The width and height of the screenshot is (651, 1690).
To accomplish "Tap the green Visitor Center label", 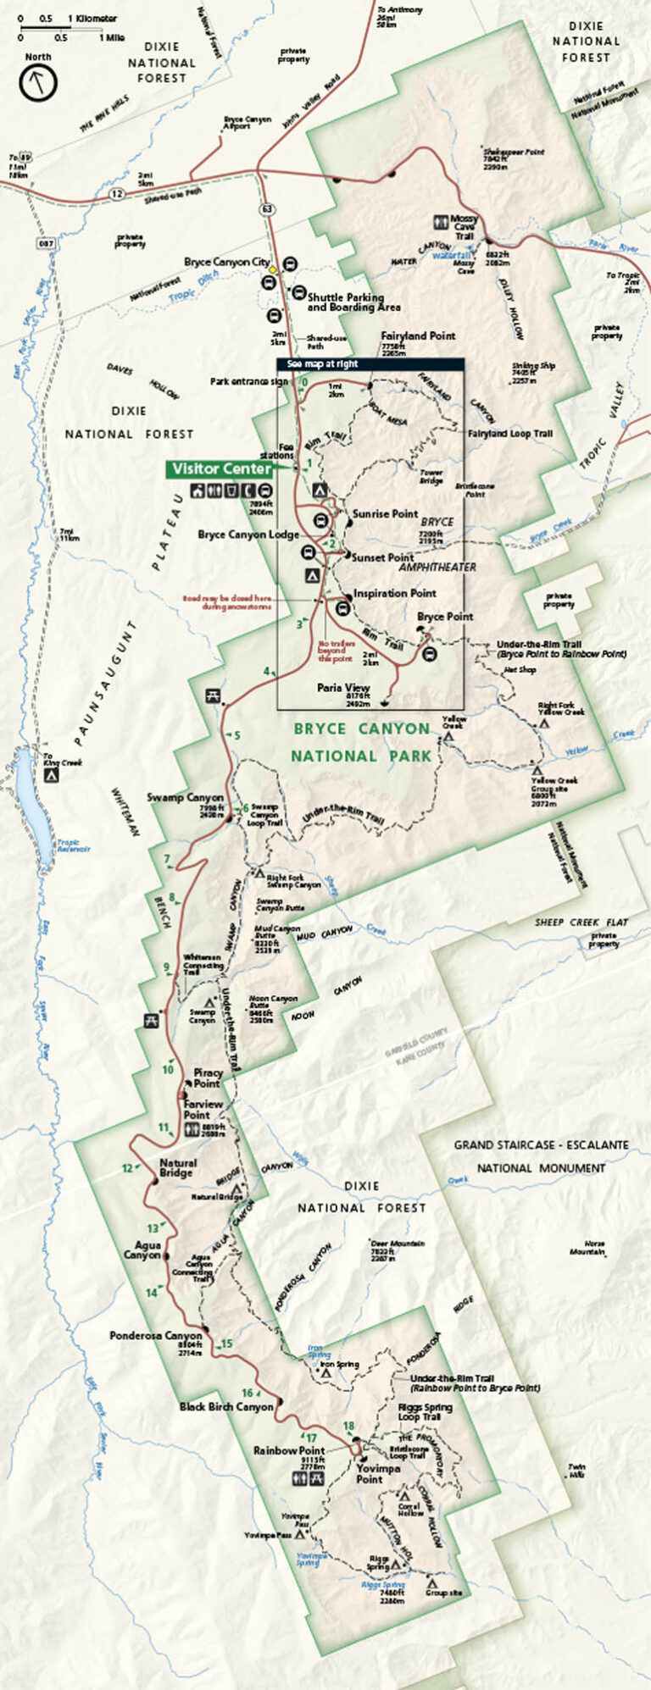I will pyautogui.click(x=221, y=468).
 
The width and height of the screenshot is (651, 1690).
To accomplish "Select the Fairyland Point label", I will pyautogui.click(x=418, y=335).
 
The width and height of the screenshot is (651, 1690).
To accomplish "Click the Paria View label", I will pyautogui.click(x=343, y=688).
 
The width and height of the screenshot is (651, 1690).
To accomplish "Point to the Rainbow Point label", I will pyautogui.click(x=289, y=1451).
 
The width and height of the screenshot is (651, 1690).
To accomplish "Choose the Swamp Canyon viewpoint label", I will pyautogui.click(x=186, y=797).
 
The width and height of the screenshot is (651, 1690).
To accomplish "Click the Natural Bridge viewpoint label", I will pyautogui.click(x=178, y=1168).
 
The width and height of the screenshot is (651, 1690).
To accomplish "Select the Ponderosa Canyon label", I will pyautogui.click(x=156, y=1336).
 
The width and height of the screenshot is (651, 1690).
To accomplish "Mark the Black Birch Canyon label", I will pyautogui.click(x=226, y=1407).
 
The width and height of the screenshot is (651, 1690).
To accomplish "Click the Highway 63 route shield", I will pyautogui.click(x=268, y=208).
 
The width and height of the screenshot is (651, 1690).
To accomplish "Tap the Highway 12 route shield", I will pyautogui.click(x=114, y=194).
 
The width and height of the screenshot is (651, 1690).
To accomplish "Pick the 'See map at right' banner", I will pyautogui.click(x=322, y=363).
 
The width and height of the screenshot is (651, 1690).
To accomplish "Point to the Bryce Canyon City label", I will pyautogui.click(x=227, y=263).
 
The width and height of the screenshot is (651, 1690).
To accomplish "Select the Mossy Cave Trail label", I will pyautogui.click(x=464, y=227).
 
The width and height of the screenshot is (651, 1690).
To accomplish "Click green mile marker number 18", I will pyautogui.click(x=348, y=1427).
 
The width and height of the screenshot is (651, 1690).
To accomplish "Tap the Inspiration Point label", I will pyautogui.click(x=395, y=593).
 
